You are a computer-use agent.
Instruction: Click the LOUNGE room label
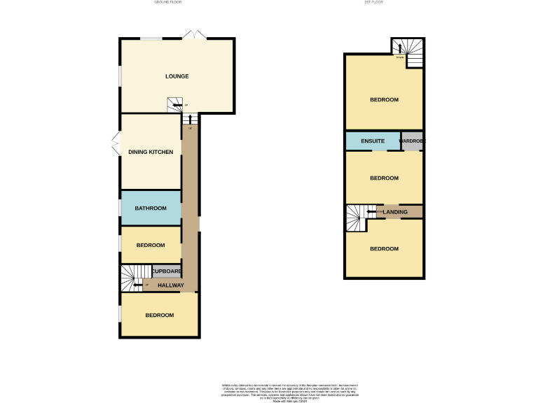tap(177, 76)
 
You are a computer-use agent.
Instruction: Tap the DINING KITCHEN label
tap(150, 152)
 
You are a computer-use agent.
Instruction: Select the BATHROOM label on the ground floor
tap(150, 208)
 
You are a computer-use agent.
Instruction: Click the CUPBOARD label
tap(167, 271)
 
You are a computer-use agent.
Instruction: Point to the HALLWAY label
tap(171, 285)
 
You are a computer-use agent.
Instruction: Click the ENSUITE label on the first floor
tap(372, 141)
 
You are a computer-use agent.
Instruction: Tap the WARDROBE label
tap(412, 141)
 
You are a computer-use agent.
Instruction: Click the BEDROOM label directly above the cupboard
tap(150, 245)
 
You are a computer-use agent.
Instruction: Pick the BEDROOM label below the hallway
tap(159, 316)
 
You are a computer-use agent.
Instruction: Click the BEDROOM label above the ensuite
tap(384, 100)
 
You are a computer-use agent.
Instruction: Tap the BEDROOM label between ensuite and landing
tap(384, 178)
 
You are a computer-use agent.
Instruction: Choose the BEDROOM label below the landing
tap(384, 249)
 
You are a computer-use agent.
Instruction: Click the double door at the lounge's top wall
tap(193, 35)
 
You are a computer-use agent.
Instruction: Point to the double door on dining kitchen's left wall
tap(116, 146)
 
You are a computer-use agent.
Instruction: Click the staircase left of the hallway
tap(131, 278)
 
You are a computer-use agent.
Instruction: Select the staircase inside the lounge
tap(176, 104)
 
